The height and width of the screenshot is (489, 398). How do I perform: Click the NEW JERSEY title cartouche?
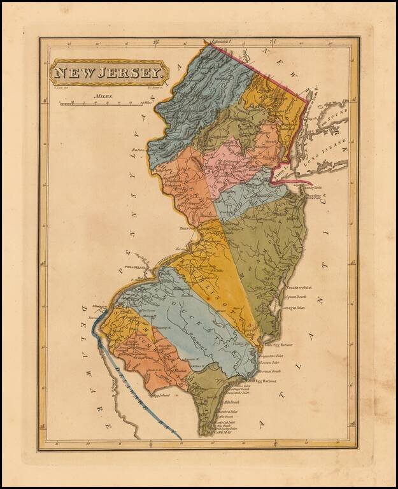pos(110,73)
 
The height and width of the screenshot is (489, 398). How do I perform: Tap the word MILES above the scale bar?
pos(102,96)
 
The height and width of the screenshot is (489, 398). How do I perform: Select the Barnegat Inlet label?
pos(292,307)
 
